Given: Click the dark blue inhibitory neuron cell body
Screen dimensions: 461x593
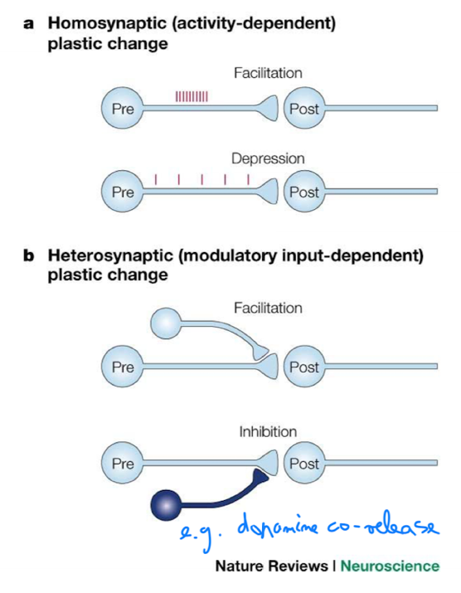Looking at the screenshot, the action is pos(166,505).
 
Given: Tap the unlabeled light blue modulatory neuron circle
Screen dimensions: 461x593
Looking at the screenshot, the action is pos(166,323).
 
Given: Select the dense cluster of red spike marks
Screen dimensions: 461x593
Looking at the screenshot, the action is pos(192,96).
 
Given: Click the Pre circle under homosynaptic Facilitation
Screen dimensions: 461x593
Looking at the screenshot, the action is pos(123,108).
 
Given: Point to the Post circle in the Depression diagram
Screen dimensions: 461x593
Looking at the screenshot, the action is pos(304,192).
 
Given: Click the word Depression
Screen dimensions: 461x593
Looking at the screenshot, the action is pos(268,158).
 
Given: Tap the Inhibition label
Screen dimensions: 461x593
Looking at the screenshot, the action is pos(268,431).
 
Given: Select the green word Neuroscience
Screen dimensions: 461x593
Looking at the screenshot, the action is pos(390,566).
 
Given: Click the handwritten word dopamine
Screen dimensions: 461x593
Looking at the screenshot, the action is pos(278,527).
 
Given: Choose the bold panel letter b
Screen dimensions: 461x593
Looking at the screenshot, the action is pos(29,255).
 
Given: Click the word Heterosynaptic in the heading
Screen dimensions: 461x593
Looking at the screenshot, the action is pos(110,256).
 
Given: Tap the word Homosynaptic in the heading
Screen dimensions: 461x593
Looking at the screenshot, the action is pos(108,23).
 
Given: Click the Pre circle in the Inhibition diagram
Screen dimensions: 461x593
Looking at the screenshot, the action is pos(123,463).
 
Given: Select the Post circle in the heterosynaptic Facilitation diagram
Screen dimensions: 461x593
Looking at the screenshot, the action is pos(304,366).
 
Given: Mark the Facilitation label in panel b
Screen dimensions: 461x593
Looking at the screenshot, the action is pos(268,308).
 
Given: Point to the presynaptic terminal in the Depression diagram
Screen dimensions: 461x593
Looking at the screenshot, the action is pos(269,192).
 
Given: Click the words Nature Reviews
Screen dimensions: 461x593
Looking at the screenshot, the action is pos(271,566).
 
